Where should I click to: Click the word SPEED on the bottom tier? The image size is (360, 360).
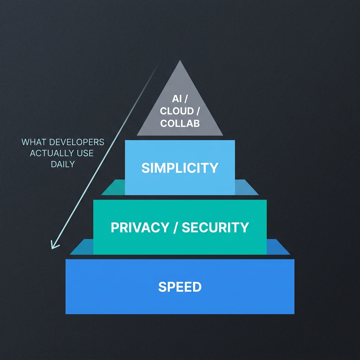click(x=180, y=287)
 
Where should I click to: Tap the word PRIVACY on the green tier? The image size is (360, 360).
click(x=139, y=227)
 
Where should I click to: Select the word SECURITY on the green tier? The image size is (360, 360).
click(x=215, y=227)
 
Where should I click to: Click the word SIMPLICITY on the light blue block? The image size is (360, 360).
click(x=180, y=168)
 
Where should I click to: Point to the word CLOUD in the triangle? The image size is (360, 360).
click(x=177, y=111)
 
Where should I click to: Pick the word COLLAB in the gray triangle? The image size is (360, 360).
click(x=180, y=123)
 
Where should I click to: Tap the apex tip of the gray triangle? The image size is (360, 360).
click(x=180, y=60)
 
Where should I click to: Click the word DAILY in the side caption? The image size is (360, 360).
click(x=63, y=164)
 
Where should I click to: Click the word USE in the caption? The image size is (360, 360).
click(x=85, y=153)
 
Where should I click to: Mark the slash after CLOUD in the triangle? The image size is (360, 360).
click(x=198, y=111)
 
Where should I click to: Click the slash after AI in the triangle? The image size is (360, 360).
click(x=185, y=99)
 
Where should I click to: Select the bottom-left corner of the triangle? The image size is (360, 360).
click(x=137, y=135)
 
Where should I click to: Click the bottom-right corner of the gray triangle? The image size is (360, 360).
click(x=223, y=135)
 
